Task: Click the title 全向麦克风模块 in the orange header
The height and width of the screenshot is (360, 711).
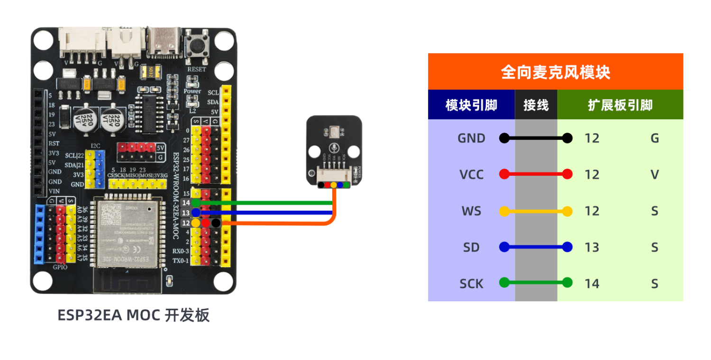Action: [x=555, y=72]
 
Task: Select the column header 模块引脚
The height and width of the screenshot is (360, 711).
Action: [x=471, y=105]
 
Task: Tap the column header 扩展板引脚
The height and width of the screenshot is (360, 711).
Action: [x=620, y=105]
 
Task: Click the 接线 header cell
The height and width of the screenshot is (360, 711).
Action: [x=536, y=105]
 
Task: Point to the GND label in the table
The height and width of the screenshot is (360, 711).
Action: [x=471, y=138]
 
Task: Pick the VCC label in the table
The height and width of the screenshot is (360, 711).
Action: [x=471, y=175]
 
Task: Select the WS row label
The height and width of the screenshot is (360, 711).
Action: [x=471, y=211]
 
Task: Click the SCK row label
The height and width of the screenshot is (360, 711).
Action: [x=471, y=284]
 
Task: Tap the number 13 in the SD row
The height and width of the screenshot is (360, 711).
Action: [x=592, y=247]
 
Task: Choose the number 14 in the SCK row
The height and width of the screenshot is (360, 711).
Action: [x=592, y=284]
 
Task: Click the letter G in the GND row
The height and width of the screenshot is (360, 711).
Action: [x=655, y=138]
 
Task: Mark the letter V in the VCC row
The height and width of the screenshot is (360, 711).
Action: [x=655, y=175]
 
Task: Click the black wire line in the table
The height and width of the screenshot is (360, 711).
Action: [x=536, y=138]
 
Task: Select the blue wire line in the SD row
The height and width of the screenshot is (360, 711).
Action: [x=536, y=247]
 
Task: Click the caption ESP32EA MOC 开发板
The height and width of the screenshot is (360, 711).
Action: [x=133, y=315]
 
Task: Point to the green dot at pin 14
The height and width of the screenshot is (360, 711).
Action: [x=195, y=203]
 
